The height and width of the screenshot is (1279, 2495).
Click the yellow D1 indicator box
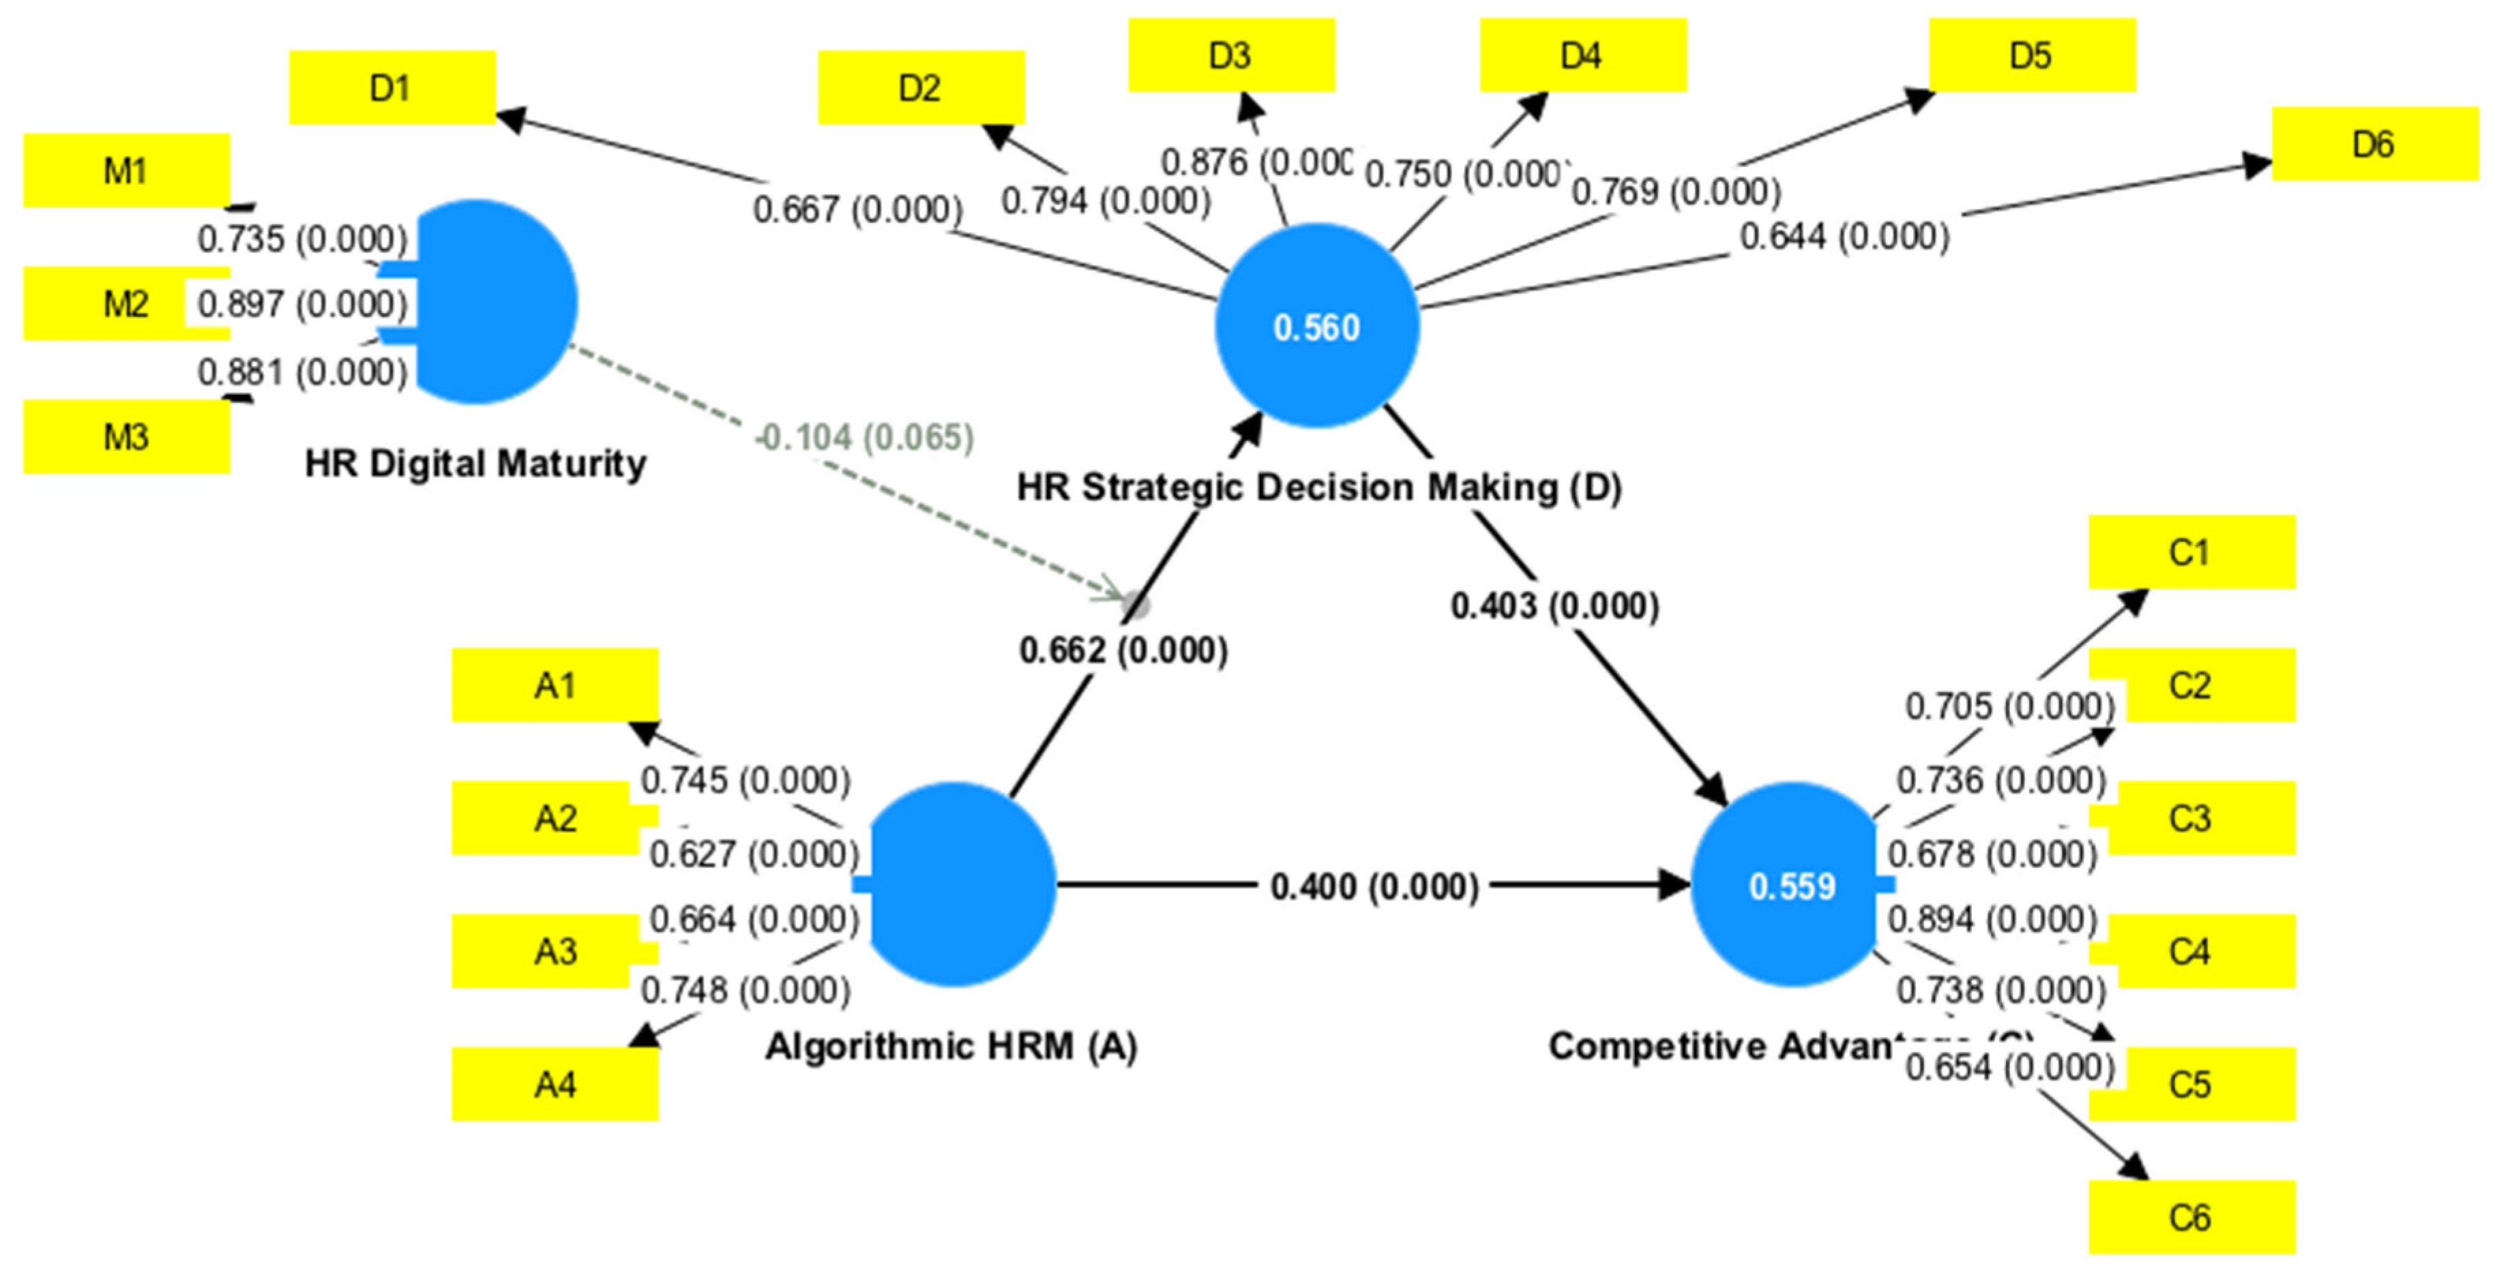click(x=392, y=87)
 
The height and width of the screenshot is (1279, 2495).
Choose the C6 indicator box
click(x=2191, y=1216)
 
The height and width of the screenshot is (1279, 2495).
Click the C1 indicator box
click(x=2191, y=552)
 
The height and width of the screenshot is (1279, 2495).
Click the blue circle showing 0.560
click(x=1316, y=327)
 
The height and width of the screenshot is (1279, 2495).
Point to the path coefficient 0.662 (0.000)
click(x=1123, y=650)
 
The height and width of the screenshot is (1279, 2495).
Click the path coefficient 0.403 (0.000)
click(x=1554, y=606)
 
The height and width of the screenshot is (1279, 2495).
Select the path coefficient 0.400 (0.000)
click(x=1374, y=885)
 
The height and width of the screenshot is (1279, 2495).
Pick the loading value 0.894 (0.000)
click(x=1992, y=919)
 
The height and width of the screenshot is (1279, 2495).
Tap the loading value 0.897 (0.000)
click(x=302, y=304)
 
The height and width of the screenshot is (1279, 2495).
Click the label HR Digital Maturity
click(x=475, y=463)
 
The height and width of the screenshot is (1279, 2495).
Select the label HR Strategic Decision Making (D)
click(x=1318, y=486)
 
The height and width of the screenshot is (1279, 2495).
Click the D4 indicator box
click(x=1582, y=55)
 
